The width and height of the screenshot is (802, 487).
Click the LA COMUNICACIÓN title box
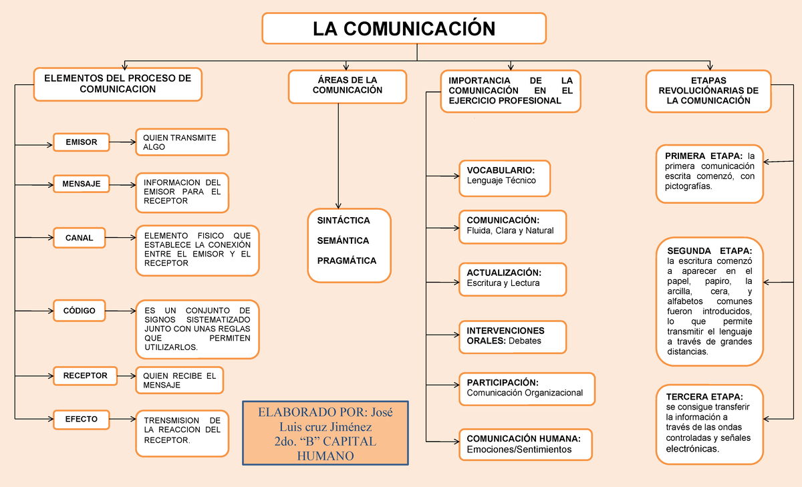[404, 28]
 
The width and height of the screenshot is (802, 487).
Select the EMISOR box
[81, 142]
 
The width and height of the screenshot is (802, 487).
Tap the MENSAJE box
[81, 183]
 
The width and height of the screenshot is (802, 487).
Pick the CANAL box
[79, 238]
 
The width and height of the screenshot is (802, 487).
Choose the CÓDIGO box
[80, 311]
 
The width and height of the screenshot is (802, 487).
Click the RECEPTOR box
[85, 376]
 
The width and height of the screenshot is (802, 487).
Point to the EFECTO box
[81, 420]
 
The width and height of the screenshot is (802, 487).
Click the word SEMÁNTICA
[343, 240]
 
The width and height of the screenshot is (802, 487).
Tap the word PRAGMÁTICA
[347, 261]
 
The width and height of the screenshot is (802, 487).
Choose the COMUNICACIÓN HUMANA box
[525, 444]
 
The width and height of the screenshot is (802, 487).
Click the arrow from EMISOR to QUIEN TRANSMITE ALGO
[121, 142]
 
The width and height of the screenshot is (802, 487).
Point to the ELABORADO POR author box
[325, 434]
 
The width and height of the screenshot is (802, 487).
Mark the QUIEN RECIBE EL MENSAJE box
[179, 380]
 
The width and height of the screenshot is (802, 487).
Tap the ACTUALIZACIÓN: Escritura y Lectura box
[512, 279]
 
